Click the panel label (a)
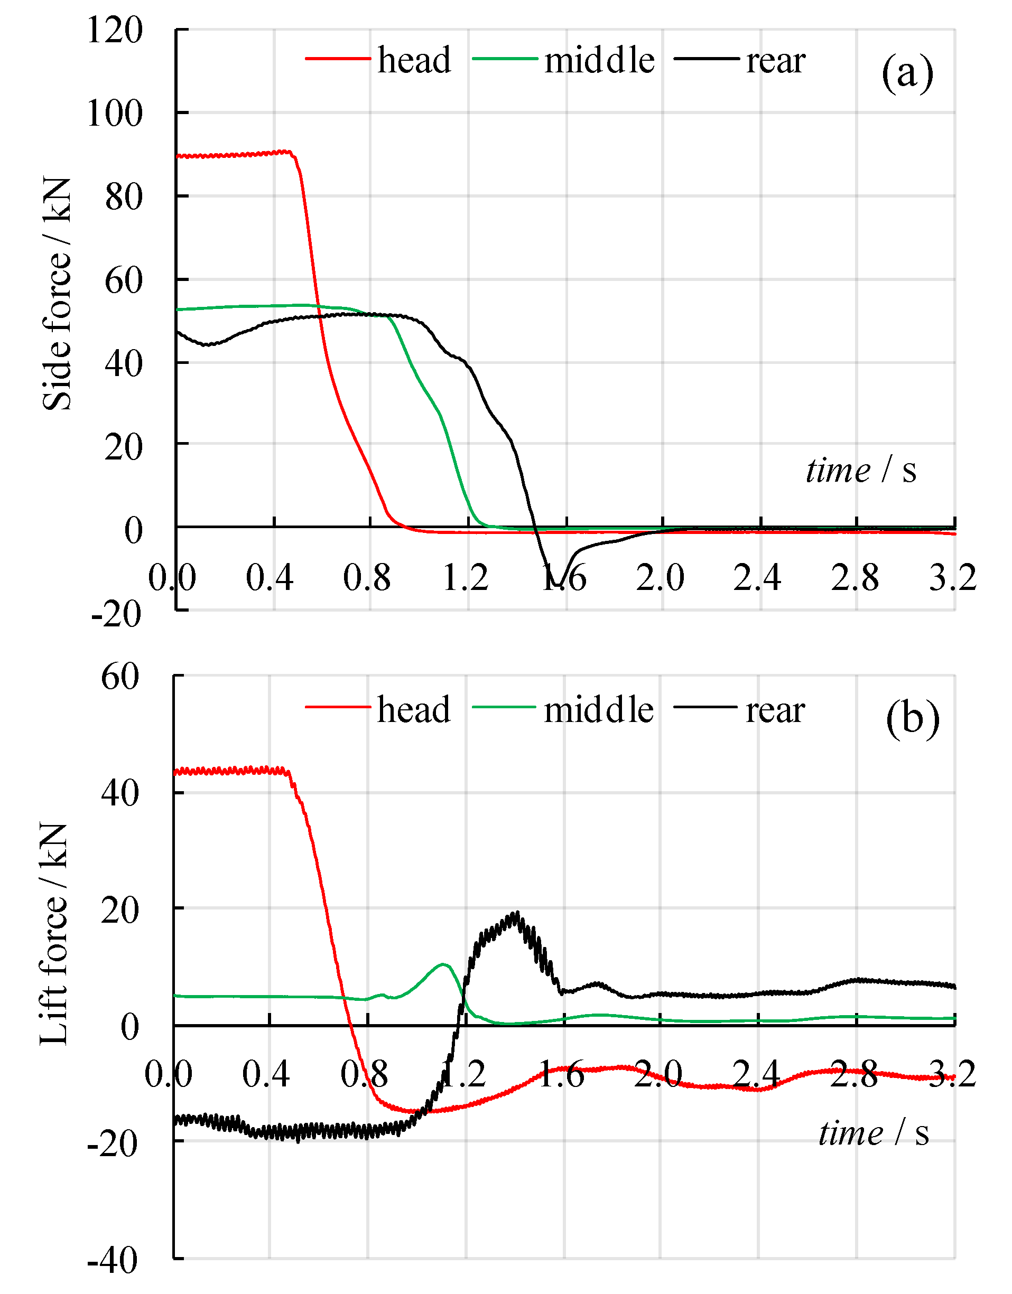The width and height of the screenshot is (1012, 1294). pyautogui.click(x=907, y=73)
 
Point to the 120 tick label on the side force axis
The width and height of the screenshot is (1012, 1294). pyautogui.click(x=115, y=30)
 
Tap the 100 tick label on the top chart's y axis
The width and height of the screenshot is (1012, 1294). pyautogui.click(x=115, y=113)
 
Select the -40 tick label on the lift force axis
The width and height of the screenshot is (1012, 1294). pyautogui.click(x=113, y=1260)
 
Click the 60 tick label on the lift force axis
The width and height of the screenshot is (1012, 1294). pyautogui.click(x=120, y=676)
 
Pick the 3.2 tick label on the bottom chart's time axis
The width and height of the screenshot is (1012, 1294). pyautogui.click(x=952, y=1074)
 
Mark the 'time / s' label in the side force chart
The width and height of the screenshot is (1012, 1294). pyautogui.click(x=860, y=471)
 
